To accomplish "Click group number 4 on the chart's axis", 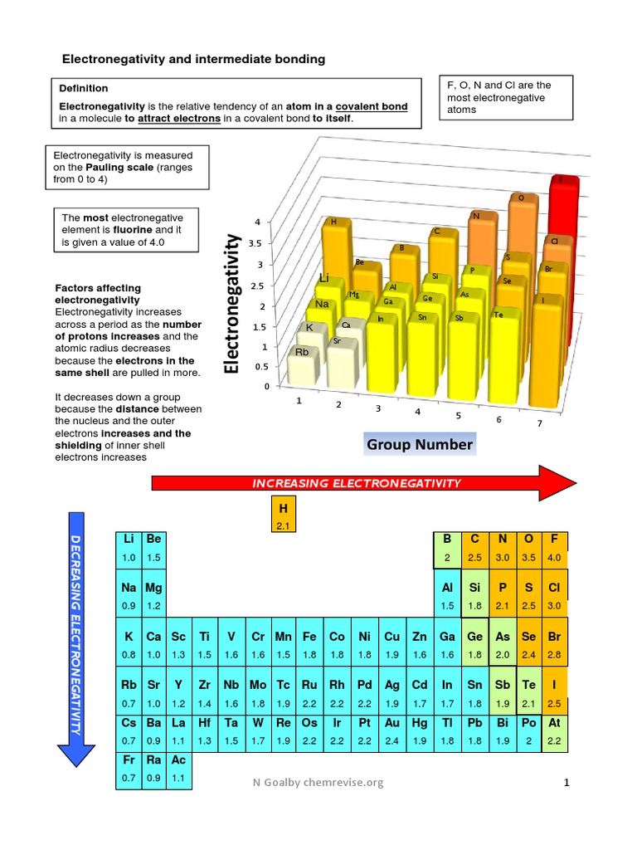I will click(x=418, y=412).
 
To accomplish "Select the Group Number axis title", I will click(x=420, y=445).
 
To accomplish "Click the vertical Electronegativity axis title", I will click(x=233, y=304).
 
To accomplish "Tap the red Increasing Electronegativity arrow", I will click(x=357, y=483).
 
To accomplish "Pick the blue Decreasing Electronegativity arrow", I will click(x=75, y=639).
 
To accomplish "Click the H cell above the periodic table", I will click(x=283, y=515).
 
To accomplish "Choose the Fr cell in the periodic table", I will click(x=129, y=769).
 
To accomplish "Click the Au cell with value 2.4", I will click(x=391, y=731).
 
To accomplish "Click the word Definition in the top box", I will click(x=83, y=88).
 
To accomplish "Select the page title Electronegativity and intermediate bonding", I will click(x=195, y=59).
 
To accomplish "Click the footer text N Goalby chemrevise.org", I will click(x=320, y=782).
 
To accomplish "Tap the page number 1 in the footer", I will click(x=567, y=782).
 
